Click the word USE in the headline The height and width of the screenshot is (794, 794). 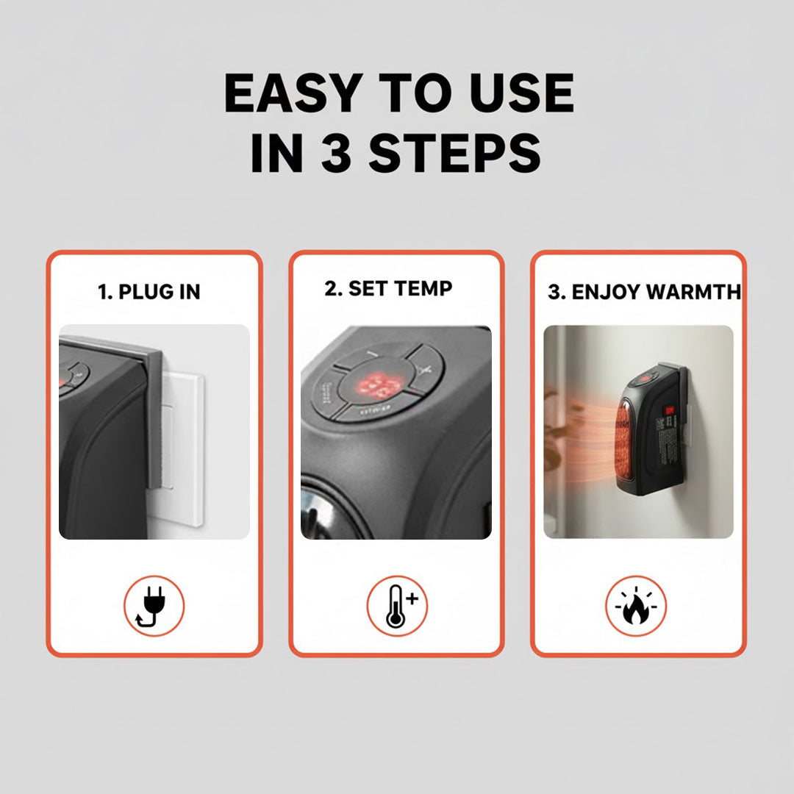click(x=518, y=93)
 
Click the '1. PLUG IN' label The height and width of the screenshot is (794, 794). click(x=149, y=292)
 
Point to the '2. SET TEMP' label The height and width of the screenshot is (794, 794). click(x=388, y=288)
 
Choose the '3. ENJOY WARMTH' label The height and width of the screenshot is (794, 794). click(x=644, y=292)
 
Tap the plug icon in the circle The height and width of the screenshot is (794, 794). click(x=154, y=606)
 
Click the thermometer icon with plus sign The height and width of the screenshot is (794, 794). click(x=396, y=606)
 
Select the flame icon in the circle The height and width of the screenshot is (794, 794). click(x=636, y=606)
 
